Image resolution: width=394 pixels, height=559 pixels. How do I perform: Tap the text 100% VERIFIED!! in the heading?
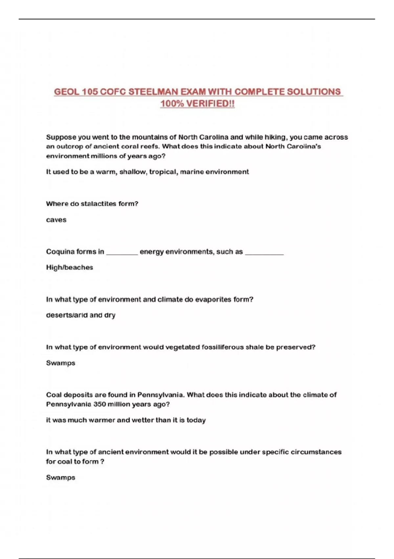tap(197, 104)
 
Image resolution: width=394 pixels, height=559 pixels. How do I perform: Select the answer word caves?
tap(56, 220)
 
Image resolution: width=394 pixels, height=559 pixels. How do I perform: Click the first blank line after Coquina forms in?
tap(122, 253)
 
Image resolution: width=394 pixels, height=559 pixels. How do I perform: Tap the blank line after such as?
tap(264, 253)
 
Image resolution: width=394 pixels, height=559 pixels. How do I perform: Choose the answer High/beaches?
tap(70, 268)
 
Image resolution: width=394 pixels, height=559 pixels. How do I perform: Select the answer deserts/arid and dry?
tap(81, 315)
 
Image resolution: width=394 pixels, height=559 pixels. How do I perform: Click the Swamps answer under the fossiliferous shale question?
tap(61, 363)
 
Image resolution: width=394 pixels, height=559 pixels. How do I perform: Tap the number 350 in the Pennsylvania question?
tap(99, 404)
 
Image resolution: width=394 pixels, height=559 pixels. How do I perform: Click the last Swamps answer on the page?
tap(61, 477)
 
